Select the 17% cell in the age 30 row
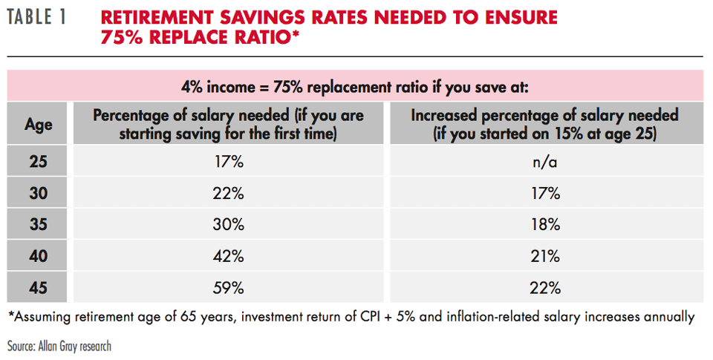[x=545, y=194]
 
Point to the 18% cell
[x=545, y=225]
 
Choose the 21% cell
[x=545, y=256]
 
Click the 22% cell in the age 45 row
[x=545, y=287]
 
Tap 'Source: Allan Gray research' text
[x=59, y=346]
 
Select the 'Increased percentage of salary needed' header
[x=544, y=116]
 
